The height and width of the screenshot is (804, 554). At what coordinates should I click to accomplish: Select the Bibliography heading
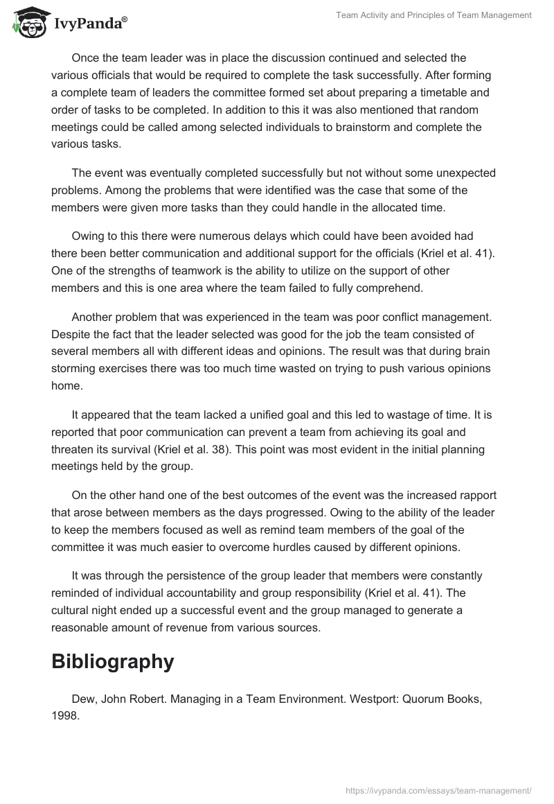pyautogui.click(x=112, y=661)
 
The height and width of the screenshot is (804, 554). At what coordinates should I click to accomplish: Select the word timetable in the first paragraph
pyautogui.click(x=425, y=93)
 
